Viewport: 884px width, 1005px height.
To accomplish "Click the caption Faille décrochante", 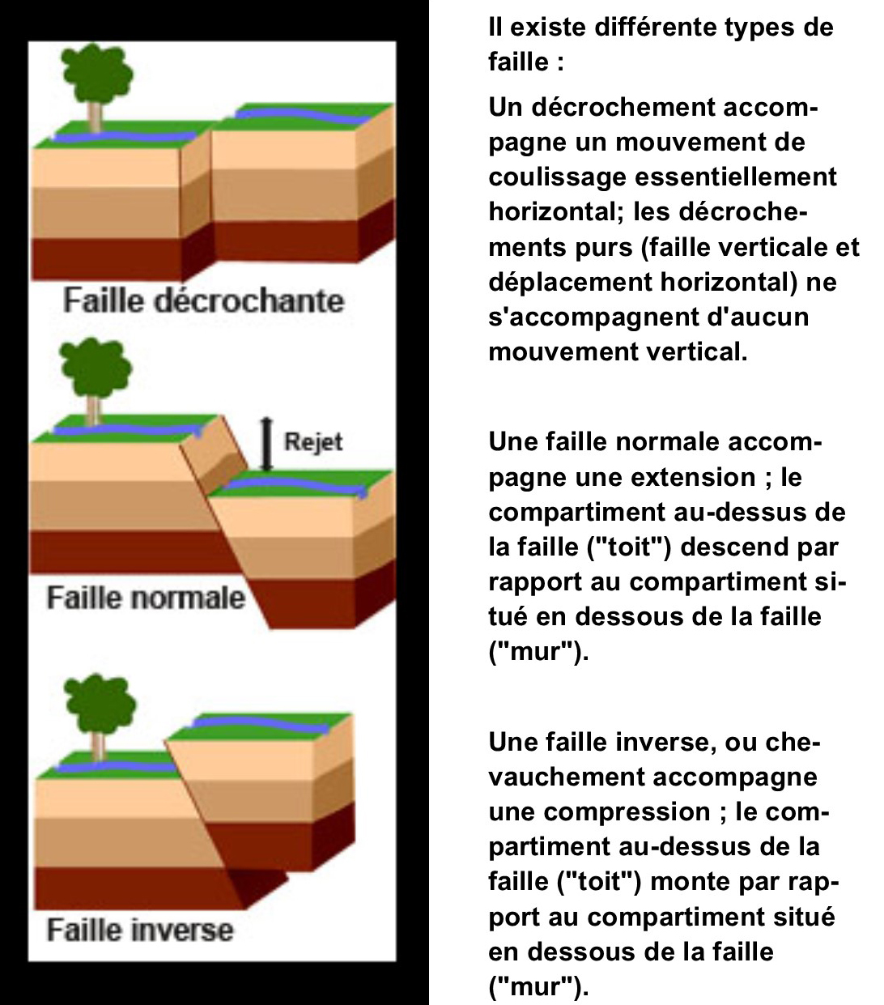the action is click(203, 300).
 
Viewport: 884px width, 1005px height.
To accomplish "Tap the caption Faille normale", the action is click(146, 597).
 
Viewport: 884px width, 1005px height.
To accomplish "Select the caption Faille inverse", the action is click(140, 930).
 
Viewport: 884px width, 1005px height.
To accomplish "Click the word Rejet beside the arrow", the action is click(312, 442).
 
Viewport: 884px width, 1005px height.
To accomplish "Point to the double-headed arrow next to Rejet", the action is click(266, 445).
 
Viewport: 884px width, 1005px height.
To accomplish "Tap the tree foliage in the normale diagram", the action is click(96, 367).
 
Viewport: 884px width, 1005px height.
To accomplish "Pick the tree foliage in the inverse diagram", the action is click(100, 705).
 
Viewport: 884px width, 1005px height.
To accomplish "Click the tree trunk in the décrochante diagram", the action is click(95, 117).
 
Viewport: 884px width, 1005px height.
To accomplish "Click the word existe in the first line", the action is click(548, 28).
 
